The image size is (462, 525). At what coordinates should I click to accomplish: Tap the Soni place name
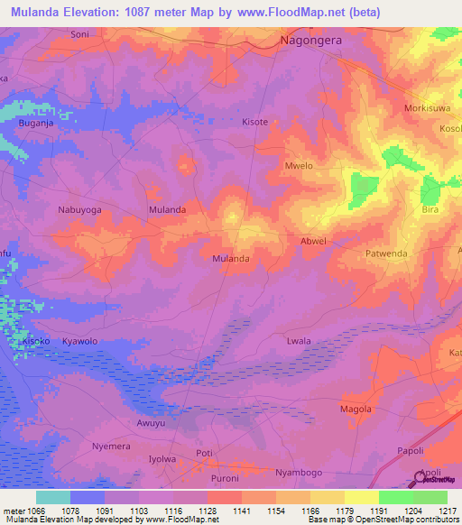[79, 34]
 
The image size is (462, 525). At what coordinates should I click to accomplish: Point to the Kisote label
[255, 121]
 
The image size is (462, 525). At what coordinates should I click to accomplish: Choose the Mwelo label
[299, 166]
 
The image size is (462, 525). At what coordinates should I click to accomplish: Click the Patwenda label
[387, 254]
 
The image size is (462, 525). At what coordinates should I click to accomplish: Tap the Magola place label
[356, 409]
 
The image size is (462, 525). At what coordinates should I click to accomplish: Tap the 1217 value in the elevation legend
[448, 511]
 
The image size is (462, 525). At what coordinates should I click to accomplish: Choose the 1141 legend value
[241, 511]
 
